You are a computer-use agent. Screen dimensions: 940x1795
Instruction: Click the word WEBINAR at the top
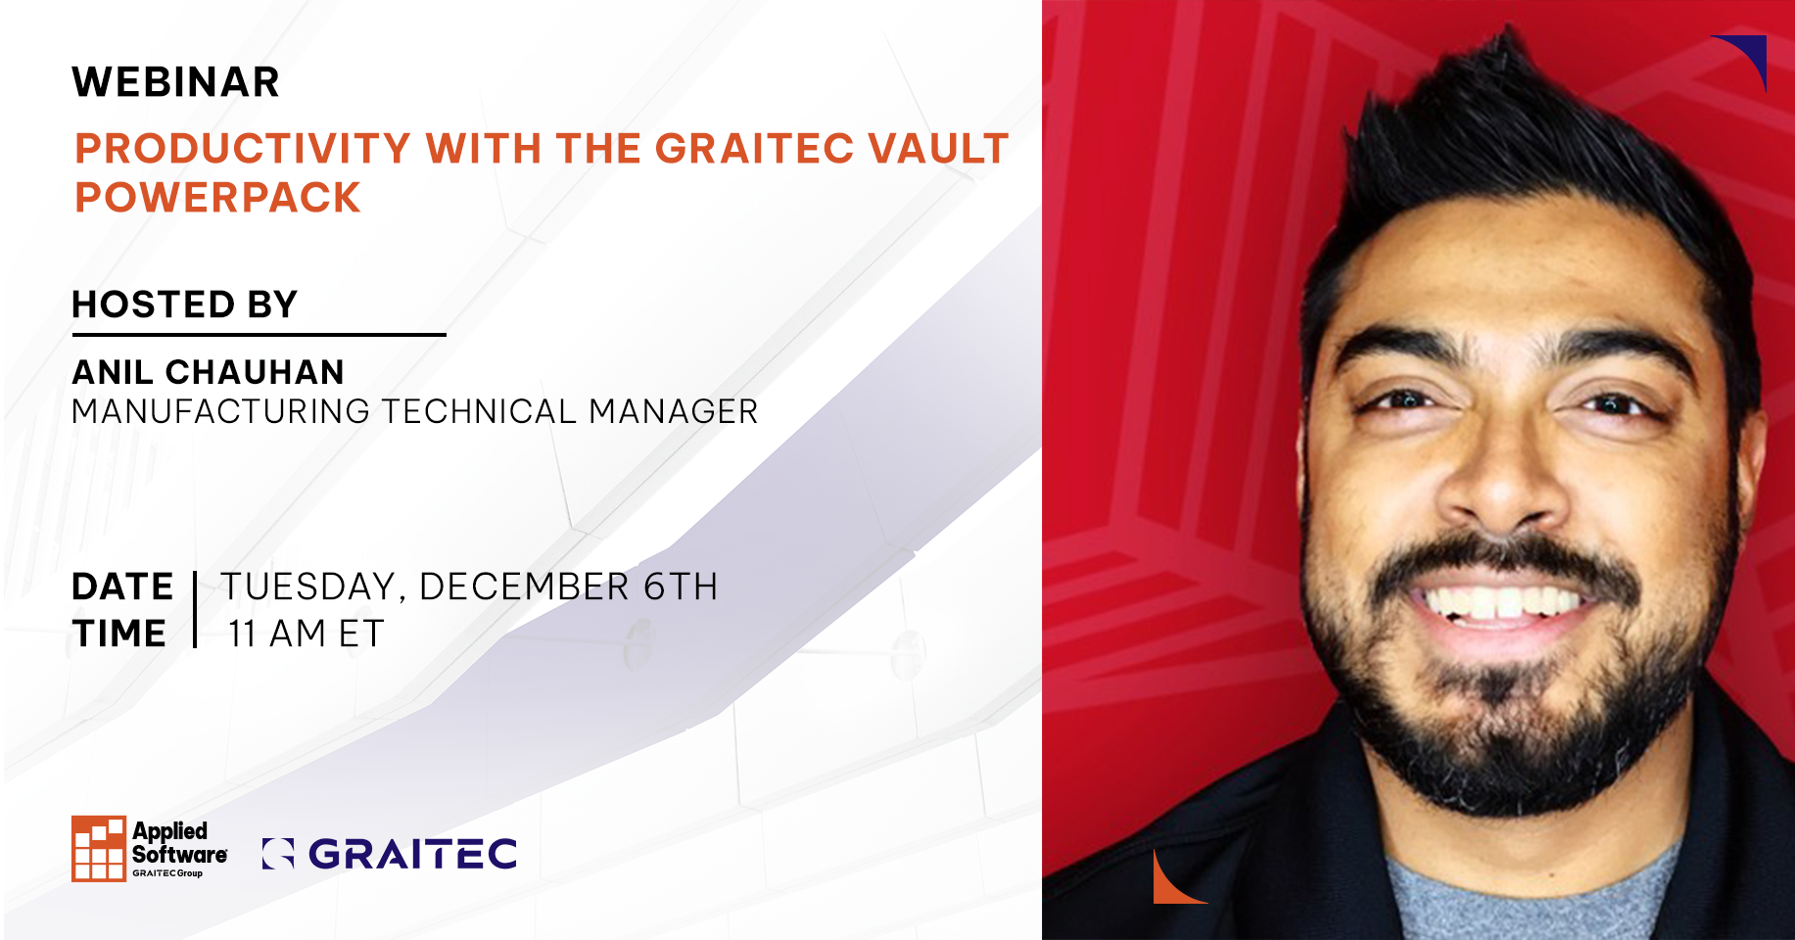176,82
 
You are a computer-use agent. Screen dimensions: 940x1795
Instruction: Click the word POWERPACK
218,198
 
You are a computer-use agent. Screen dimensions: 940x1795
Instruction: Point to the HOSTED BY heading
185,305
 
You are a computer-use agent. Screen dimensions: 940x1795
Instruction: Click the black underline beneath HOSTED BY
259,335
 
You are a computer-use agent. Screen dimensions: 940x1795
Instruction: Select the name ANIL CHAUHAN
209,372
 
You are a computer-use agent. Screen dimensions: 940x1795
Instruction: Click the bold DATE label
122,587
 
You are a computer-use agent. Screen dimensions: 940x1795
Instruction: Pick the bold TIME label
119,634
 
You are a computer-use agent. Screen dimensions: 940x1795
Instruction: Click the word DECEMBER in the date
524,587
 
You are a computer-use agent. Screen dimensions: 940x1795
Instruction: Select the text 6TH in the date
681,587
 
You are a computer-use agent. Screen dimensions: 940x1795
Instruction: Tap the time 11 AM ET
307,634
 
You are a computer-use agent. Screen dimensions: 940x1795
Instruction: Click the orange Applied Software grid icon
99,848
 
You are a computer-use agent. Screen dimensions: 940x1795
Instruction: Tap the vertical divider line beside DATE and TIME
196,609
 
